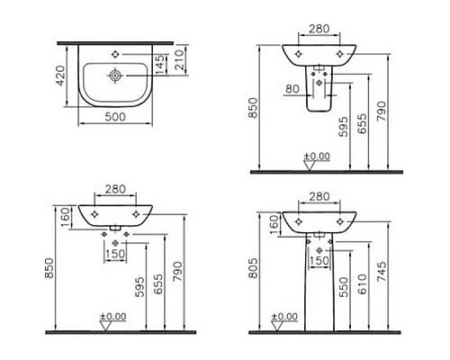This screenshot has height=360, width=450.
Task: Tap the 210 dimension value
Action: point(179,59)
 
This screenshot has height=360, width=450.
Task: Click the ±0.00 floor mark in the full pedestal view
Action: point(283,318)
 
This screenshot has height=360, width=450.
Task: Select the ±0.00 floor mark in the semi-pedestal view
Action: point(316,156)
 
